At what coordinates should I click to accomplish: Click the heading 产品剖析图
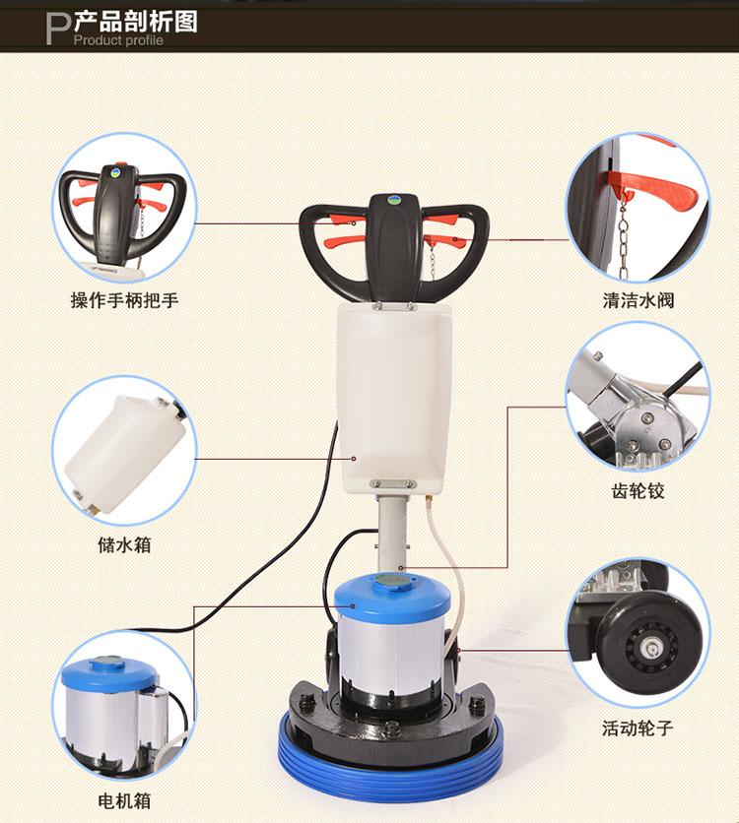(136, 22)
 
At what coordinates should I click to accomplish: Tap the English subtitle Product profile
(118, 40)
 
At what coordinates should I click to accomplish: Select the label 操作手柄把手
(124, 300)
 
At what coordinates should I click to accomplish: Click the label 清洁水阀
(638, 300)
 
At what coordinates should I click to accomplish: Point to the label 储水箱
(124, 544)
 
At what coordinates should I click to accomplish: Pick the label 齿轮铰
(638, 491)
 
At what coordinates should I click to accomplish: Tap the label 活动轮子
(638, 728)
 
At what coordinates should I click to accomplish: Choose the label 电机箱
(124, 801)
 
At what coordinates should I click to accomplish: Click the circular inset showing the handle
(124, 208)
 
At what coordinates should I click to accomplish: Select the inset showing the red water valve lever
(638, 208)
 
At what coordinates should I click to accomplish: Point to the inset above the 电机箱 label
(124, 706)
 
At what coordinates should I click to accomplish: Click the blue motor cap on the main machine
(392, 594)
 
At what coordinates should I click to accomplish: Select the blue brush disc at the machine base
(390, 761)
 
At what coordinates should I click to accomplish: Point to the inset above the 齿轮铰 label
(638, 398)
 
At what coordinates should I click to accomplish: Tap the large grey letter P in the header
(58, 29)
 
